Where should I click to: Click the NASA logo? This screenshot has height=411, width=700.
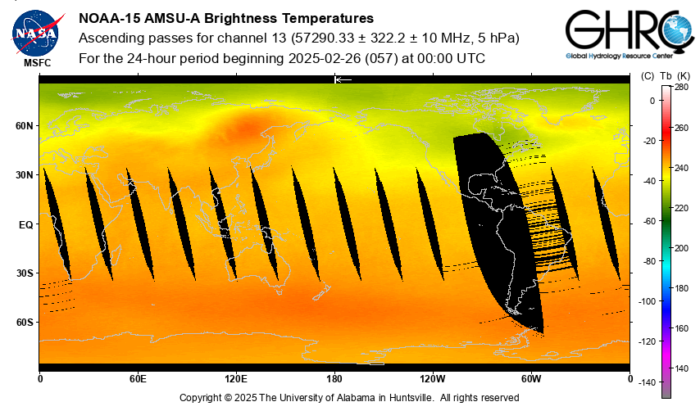[x=35, y=31]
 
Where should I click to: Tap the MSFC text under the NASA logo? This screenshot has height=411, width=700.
[x=37, y=62]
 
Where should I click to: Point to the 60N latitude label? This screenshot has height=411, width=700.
[x=25, y=126]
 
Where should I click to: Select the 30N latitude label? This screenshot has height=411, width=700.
[x=25, y=175]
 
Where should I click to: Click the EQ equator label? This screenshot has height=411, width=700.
[x=25, y=224]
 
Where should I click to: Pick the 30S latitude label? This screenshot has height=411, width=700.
[x=25, y=273]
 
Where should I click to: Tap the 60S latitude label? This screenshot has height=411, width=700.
[x=25, y=323]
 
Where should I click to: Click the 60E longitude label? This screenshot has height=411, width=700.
[x=138, y=379]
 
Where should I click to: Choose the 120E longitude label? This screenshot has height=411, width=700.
[x=236, y=379]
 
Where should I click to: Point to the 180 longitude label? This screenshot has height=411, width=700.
[x=334, y=379]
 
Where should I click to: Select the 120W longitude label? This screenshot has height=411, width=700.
[x=433, y=379]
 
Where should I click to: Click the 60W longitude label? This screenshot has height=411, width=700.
[x=531, y=379]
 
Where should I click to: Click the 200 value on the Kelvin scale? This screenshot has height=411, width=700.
[x=681, y=248]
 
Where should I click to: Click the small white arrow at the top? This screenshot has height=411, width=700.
[x=343, y=79]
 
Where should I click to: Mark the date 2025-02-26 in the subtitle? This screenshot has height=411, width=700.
[x=320, y=58]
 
